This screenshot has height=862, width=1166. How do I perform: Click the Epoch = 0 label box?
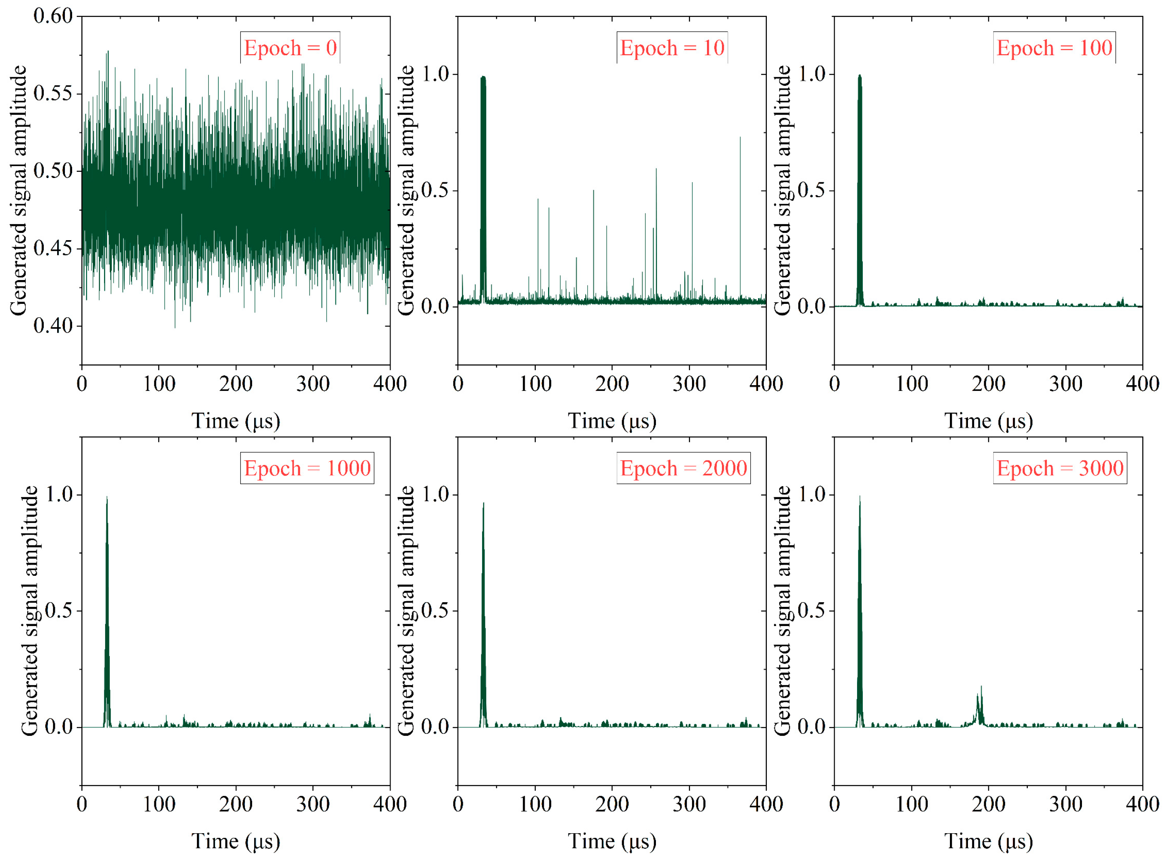[290, 48]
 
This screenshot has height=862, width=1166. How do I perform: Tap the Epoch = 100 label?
[1054, 48]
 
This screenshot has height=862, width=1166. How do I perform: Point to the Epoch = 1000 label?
[307, 468]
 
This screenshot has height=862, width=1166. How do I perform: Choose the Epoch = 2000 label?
[683, 468]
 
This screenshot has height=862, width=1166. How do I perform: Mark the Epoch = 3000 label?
[1060, 468]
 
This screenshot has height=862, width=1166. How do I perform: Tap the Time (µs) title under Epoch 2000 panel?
[612, 842]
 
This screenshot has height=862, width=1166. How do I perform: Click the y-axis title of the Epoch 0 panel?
[18, 190]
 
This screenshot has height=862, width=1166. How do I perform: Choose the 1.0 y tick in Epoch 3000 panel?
[812, 494]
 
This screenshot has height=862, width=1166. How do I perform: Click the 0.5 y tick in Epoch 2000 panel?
[435, 610]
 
